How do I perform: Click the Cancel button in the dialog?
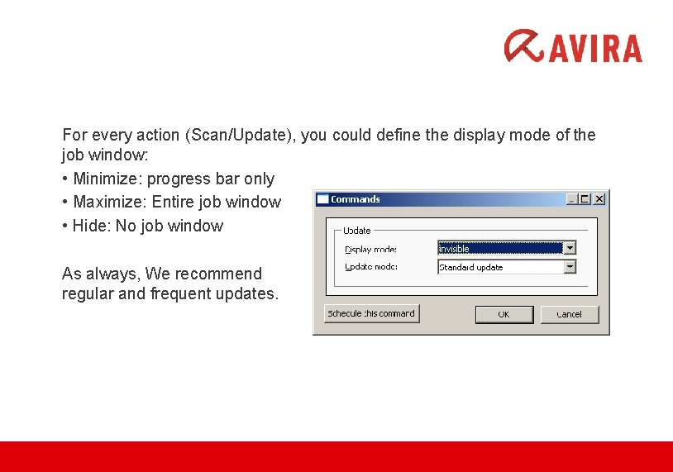pos(569,314)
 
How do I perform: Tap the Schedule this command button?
pos(372,313)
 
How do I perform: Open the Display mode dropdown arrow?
pos(569,248)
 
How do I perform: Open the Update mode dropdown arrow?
pos(569,267)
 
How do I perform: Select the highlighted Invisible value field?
pos(499,248)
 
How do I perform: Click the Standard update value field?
pos(499,267)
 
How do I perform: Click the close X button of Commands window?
pos(599,198)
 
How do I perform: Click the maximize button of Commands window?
pos(585,198)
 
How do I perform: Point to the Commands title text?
pos(356,199)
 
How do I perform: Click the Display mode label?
pos(370,249)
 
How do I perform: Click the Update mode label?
pos(370,266)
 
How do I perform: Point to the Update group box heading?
pos(357,231)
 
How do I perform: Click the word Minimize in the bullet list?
pos(105,179)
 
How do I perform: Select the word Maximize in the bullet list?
pos(107,202)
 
